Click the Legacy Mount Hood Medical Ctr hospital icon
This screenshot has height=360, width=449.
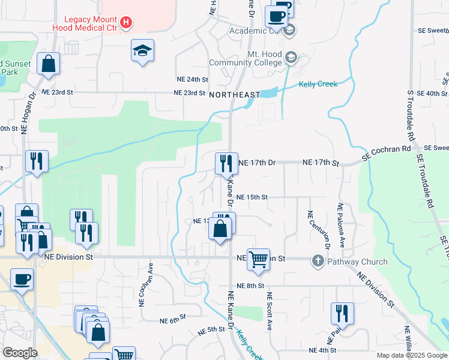(x=125, y=23)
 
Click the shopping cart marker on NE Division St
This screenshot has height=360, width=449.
(x=258, y=260)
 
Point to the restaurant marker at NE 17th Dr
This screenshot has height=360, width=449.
(x=226, y=163)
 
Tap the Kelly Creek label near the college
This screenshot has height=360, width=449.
(x=318, y=84)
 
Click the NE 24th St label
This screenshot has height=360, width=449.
(x=192, y=79)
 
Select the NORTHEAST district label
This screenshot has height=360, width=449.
(x=234, y=95)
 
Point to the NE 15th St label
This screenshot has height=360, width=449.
(x=252, y=197)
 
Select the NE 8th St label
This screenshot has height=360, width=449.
(x=250, y=286)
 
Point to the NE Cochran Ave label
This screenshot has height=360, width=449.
(x=143, y=291)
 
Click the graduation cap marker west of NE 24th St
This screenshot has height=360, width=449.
(x=143, y=50)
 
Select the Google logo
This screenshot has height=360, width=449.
(x=20, y=353)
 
